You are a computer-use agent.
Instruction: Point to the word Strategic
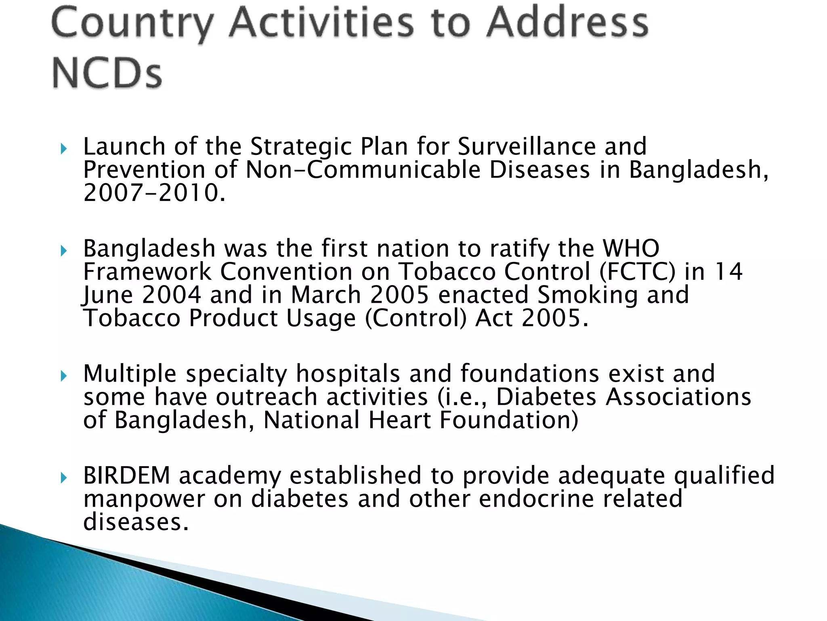(x=300, y=146)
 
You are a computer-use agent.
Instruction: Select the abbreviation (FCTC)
(x=637, y=272)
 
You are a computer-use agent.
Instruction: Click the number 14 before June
(x=728, y=271)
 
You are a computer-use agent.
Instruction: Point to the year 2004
(x=172, y=295)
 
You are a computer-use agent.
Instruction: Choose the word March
(x=325, y=295)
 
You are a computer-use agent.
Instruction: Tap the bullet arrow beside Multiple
(x=63, y=377)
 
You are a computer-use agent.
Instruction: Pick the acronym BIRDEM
(x=126, y=475)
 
